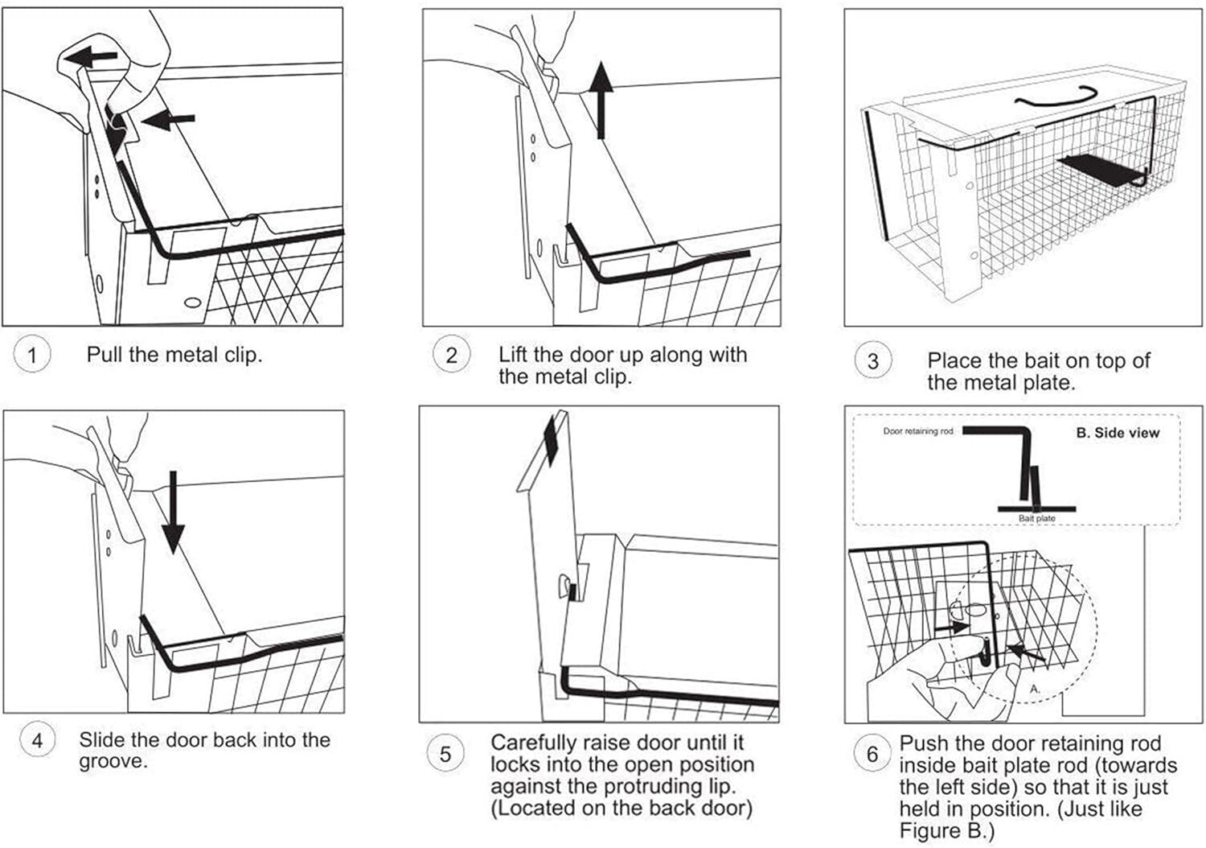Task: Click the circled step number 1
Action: [x=32, y=355]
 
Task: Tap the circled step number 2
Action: [x=451, y=355]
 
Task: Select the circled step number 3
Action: [x=872, y=361]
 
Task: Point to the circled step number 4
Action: [x=37, y=740]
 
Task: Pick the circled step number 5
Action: [x=445, y=754]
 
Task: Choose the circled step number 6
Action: [x=872, y=754]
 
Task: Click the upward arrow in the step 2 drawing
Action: [x=601, y=100]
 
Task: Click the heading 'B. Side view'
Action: [x=1118, y=433]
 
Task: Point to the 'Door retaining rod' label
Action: [x=917, y=432]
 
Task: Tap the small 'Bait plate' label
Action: [x=1036, y=519]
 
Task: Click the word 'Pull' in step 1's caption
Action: [x=103, y=354]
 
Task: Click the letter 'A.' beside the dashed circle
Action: [x=1035, y=690]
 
